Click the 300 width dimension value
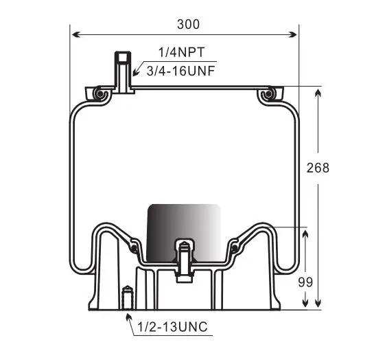click(188, 24)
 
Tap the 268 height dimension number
click(318, 168)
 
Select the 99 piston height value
click(305, 282)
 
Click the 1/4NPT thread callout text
click(182, 52)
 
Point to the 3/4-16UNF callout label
click(180, 71)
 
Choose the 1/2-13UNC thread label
click(172, 326)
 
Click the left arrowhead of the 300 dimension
click(76, 34)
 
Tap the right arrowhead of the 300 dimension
click(292, 34)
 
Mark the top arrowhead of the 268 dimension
click(318, 93)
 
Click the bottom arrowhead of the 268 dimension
click(318, 303)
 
